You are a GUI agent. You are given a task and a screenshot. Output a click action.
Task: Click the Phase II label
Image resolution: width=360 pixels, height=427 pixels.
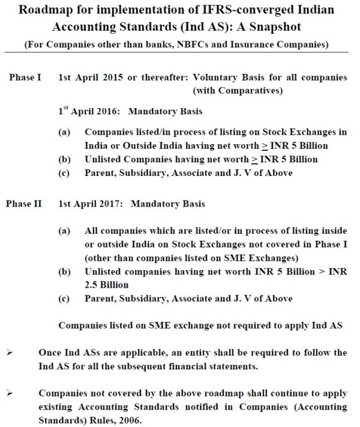[25, 204]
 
